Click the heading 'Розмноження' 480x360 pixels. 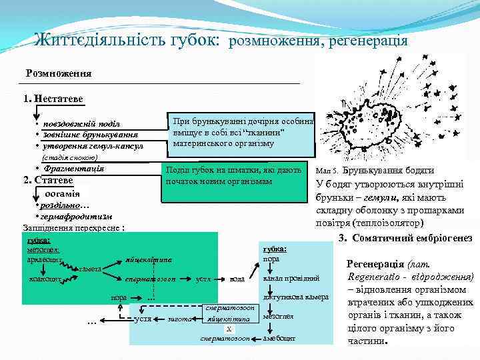pyautogui.click(x=59, y=73)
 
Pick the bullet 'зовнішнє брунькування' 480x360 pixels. pyautogui.click(x=86, y=135)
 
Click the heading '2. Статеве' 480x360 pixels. pyautogui.click(x=48, y=180)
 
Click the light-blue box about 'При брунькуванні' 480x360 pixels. pyautogui.click(x=240, y=133)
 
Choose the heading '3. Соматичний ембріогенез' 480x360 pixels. pyautogui.click(x=405, y=239)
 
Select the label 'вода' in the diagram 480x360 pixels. pyautogui.click(x=237, y=279)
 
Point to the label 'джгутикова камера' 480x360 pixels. pyautogui.click(x=295, y=297)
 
